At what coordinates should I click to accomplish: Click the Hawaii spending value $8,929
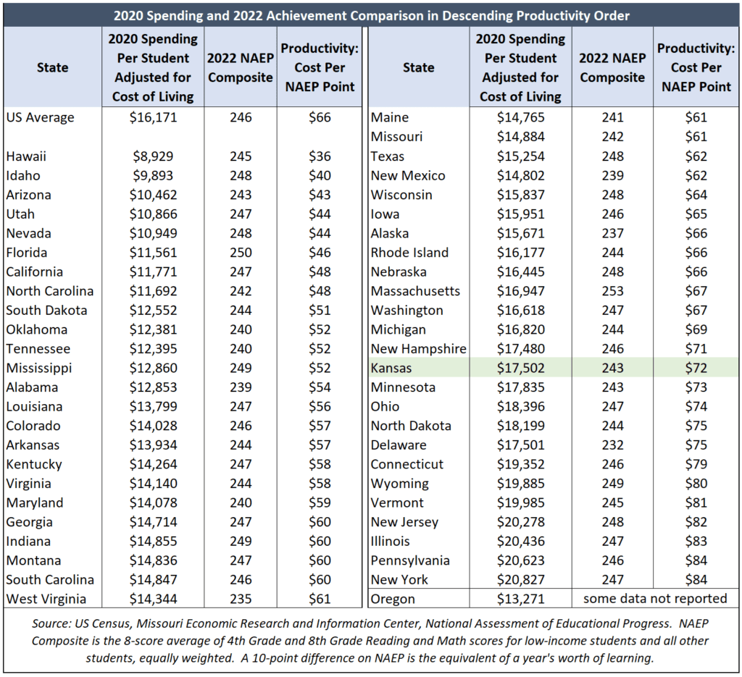(153, 156)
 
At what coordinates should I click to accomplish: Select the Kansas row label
(391, 369)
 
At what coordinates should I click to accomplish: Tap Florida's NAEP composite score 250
(241, 253)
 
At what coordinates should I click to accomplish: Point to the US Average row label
(41, 118)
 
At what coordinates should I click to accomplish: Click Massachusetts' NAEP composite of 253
(612, 291)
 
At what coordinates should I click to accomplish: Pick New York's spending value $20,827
(520, 580)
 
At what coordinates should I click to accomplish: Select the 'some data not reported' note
(655, 599)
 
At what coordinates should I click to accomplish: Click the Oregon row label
(393, 600)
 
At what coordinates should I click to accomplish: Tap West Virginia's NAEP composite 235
(241, 600)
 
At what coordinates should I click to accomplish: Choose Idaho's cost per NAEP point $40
(320, 176)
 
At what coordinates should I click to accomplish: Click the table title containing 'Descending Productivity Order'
(372, 16)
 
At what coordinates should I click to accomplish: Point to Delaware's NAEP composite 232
(612, 445)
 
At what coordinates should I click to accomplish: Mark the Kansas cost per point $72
(696, 369)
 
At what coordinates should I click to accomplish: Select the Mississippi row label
(39, 369)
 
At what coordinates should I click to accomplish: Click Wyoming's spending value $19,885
(520, 484)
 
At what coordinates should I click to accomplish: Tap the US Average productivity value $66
(320, 118)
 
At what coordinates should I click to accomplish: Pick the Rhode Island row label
(409, 253)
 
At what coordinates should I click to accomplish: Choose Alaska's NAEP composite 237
(612, 234)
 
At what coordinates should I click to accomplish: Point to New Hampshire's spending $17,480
(520, 349)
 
